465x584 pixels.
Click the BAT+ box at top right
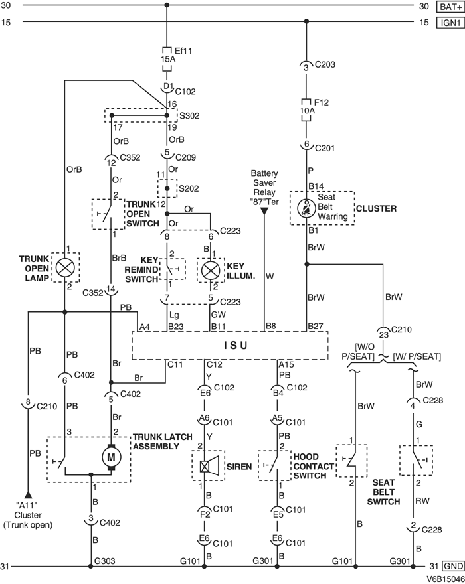pos(447,7)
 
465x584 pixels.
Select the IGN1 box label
pos(447,23)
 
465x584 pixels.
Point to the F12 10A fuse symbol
pos(306,108)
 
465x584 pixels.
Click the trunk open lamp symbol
pos(64,267)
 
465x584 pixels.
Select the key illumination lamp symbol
pos(211,269)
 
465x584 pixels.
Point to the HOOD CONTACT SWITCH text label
pos(310,467)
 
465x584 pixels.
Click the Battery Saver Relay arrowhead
pos(264,210)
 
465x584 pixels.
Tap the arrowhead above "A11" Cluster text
pos(28,494)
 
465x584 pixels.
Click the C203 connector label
pos(325,66)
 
